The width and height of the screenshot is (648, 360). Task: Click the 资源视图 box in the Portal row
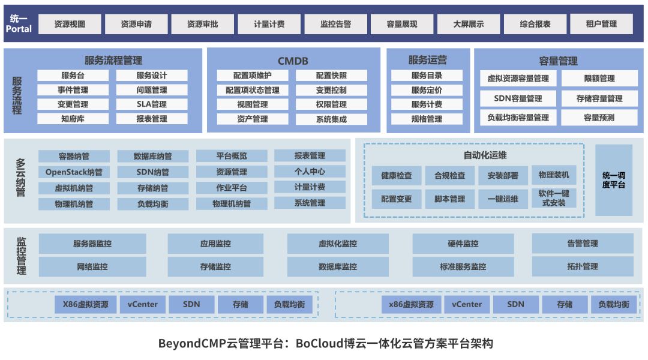[70, 25]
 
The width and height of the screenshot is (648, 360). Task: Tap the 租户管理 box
[601, 24]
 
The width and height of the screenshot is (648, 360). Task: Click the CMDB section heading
[293, 61]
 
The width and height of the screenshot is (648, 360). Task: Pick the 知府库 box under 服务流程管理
[73, 119]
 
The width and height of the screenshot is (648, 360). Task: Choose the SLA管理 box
[151, 104]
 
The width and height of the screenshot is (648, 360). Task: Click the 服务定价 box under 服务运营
[427, 90]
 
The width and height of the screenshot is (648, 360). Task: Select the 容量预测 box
[599, 118]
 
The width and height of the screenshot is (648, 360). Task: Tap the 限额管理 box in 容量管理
[599, 79]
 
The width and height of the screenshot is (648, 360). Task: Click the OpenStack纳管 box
[74, 172]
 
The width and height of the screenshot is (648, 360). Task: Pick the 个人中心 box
[310, 172]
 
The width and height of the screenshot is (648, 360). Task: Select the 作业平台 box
[232, 188]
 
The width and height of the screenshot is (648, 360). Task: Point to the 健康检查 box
[396, 176]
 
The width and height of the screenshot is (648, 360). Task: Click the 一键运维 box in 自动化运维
[503, 199]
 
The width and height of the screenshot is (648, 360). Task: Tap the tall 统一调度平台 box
[613, 180]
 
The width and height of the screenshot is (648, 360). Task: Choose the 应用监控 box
[215, 244]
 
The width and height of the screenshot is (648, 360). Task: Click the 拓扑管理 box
[582, 266]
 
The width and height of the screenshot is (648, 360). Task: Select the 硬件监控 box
[463, 244]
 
